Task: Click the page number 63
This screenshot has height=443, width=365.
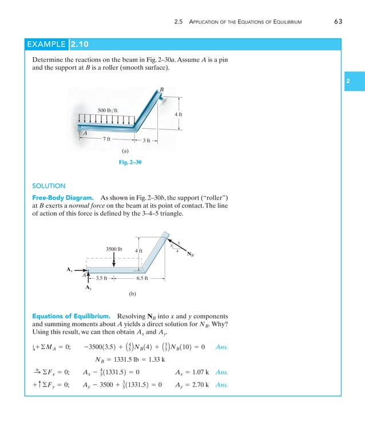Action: [x=337, y=22]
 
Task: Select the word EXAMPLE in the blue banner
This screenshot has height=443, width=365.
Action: [x=47, y=43]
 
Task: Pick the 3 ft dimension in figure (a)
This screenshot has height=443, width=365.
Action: [x=146, y=140]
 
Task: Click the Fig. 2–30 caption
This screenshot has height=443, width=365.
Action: [x=130, y=163]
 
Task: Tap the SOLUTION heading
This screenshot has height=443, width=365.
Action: [x=49, y=186]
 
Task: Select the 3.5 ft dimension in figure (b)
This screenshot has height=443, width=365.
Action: [x=103, y=279]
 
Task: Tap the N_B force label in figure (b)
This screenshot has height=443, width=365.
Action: [x=191, y=255]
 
